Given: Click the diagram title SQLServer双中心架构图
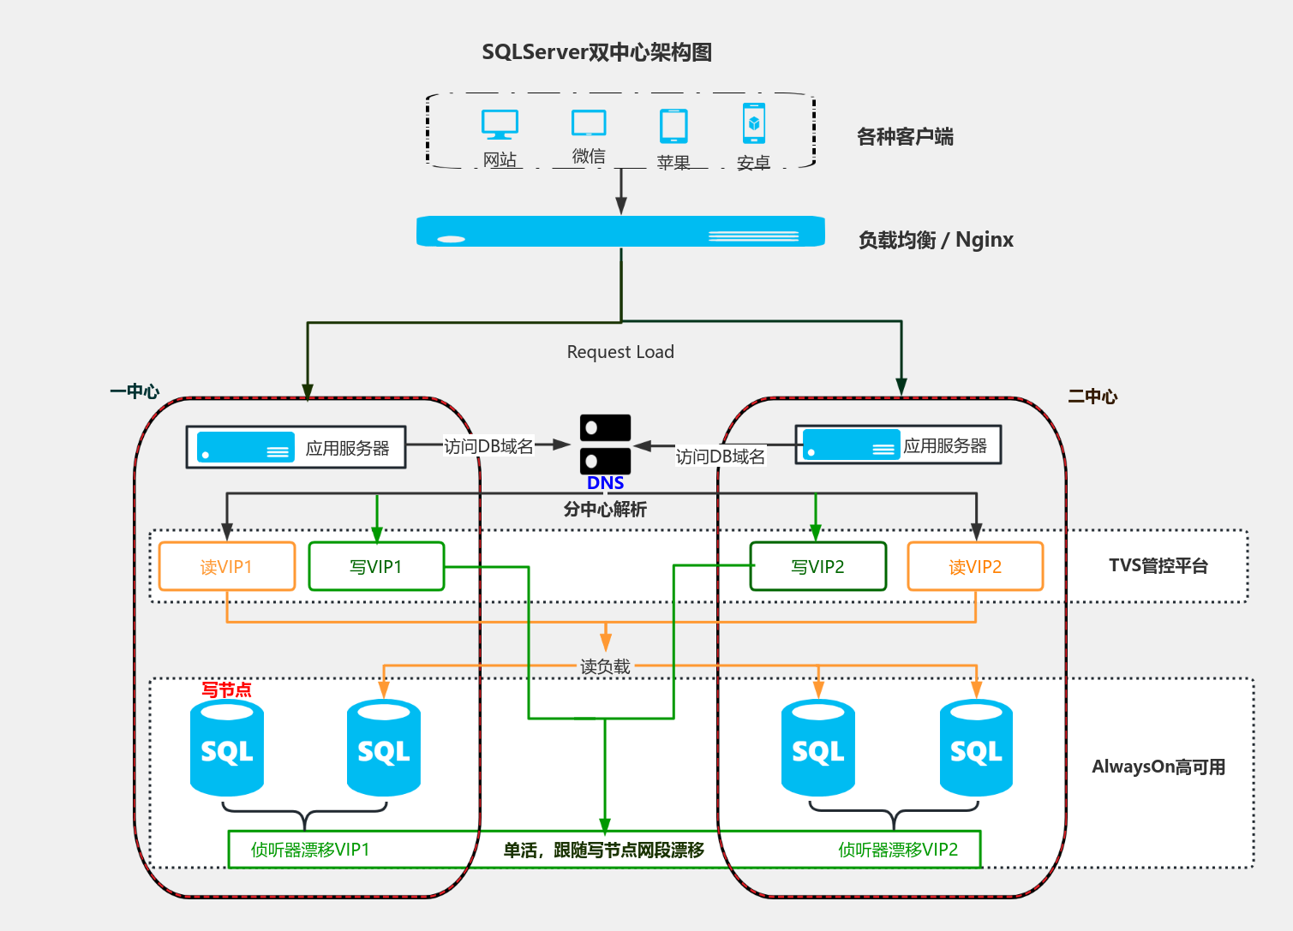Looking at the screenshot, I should [596, 52].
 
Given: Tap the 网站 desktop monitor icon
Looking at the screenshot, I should [500, 124].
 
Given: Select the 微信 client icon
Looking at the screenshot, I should [589, 123].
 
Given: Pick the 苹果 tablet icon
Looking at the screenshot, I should [673, 126].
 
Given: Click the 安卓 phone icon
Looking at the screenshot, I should [754, 123].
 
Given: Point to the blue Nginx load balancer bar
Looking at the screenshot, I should [620, 231].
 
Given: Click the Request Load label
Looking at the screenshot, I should [620, 352].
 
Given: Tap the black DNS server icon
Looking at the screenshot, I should [605, 444].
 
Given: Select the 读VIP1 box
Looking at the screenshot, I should [227, 566].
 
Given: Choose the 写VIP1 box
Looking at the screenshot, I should [376, 566].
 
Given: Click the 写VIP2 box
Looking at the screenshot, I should [817, 566].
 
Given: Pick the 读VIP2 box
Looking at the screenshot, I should [975, 566].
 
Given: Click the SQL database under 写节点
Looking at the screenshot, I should [227, 748].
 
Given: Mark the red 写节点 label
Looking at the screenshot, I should [226, 689].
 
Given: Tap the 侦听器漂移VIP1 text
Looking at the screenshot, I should [310, 850].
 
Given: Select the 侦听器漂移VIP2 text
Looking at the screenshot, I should [898, 850].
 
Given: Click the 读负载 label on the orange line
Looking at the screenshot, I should [605, 666].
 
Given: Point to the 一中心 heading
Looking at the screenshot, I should [135, 391].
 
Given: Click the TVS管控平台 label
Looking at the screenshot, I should [1158, 565].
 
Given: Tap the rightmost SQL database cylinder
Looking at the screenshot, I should [976, 748].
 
